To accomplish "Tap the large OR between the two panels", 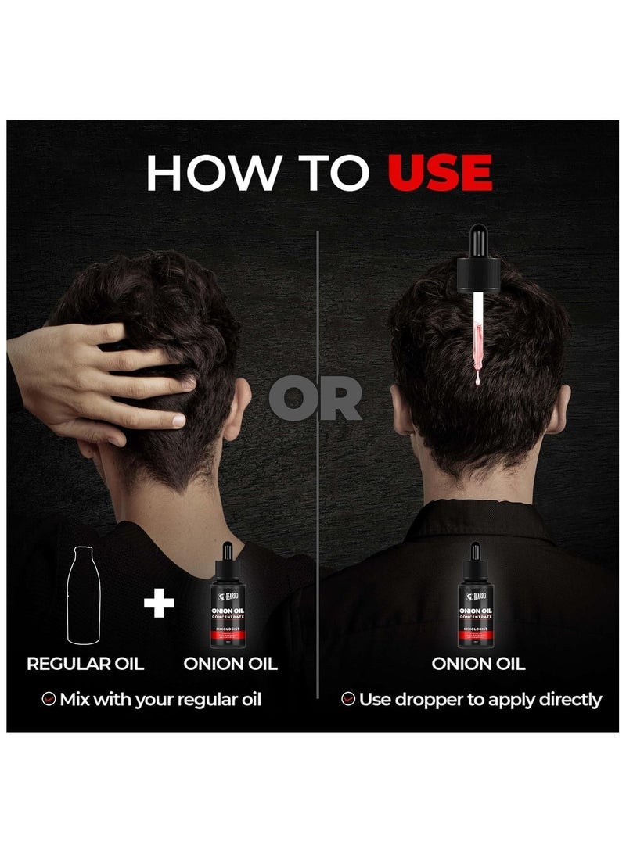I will pos(316,400).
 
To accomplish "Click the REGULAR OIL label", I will pos(85,664).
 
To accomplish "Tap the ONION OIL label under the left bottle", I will pos(230,664).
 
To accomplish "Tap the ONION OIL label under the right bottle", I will pos(478,664).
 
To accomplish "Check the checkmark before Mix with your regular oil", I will pos(49,699).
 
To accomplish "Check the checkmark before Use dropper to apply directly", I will pos(348,699).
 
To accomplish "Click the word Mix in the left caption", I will pos(79,699).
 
